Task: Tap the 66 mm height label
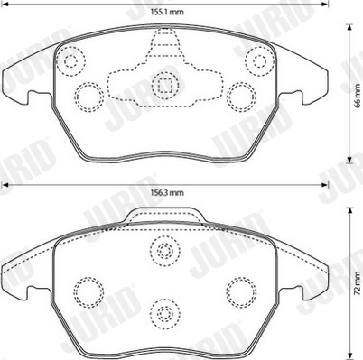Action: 356,102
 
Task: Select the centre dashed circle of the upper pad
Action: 164,86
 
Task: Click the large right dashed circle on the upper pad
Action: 240,96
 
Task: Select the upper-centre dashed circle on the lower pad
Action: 164,252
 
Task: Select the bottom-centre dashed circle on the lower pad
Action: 164,314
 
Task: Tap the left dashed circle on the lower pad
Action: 87,290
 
